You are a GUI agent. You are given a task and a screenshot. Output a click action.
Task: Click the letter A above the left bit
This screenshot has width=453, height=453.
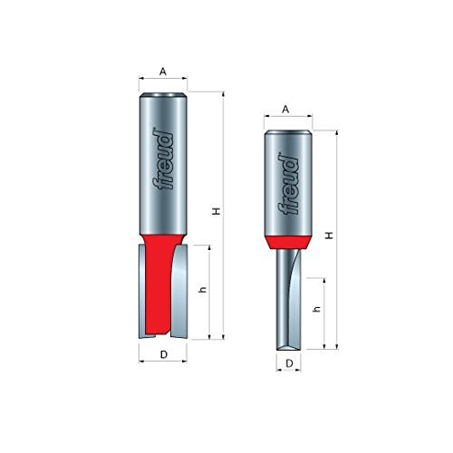(163, 70)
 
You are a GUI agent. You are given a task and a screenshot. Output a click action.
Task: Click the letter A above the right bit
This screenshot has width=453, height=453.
(285, 109)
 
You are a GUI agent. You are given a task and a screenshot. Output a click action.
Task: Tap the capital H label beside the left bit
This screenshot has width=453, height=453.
(216, 210)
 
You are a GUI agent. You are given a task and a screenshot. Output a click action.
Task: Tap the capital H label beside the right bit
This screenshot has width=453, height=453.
(329, 234)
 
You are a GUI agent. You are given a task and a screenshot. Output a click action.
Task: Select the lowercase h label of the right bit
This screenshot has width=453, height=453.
(317, 309)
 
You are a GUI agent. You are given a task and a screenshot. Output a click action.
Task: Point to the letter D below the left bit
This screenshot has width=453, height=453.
(163, 354)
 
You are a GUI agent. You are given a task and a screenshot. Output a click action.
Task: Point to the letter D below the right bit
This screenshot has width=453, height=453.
(288, 363)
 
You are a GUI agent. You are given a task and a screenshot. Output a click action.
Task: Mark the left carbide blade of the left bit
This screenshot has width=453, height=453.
(143, 290)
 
